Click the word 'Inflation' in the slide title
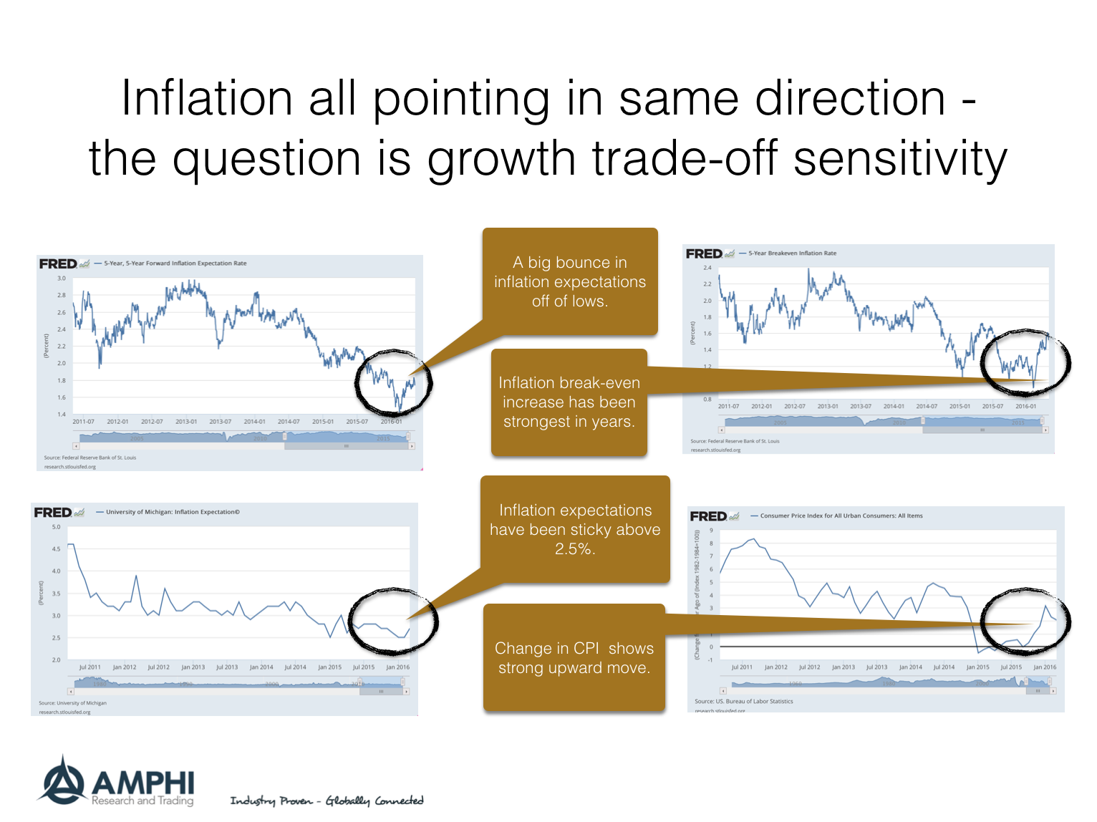coord(207,98)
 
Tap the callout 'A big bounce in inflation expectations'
coord(570,281)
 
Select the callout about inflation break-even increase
coord(569,402)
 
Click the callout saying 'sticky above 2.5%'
coord(575,529)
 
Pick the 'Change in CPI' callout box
coord(574,658)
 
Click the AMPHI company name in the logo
coord(142,782)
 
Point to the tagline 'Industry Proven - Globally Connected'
coord(327,801)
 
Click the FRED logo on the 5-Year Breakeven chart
coord(705,253)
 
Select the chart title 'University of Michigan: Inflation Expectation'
coord(173,512)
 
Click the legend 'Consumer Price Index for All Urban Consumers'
coord(841,516)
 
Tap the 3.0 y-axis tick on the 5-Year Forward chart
coord(62,278)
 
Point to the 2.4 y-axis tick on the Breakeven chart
coord(707,268)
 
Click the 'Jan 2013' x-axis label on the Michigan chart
coord(193,667)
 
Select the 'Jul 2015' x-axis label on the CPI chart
coord(1010,667)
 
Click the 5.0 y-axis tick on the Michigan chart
coord(57,527)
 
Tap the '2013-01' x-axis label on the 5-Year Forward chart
coord(186,422)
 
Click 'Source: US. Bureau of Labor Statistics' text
coord(743,702)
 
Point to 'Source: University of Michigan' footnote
coord(72,703)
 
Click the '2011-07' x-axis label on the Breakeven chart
coord(728,406)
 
